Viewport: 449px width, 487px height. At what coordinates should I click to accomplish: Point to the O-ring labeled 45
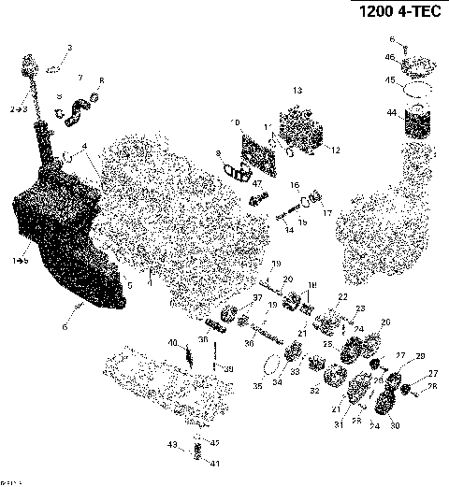pyautogui.click(x=416, y=91)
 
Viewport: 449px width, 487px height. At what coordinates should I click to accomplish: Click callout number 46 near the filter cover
pyautogui.click(x=390, y=57)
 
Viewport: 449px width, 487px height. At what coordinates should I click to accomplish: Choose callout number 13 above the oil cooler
pyautogui.click(x=297, y=91)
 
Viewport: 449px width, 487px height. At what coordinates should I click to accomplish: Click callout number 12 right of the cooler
pyautogui.click(x=334, y=150)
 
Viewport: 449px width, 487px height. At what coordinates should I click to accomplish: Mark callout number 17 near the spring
pyautogui.click(x=326, y=213)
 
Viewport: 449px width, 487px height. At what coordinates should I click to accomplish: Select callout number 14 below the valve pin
pyautogui.click(x=288, y=229)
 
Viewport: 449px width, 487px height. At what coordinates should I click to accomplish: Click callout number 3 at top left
pyautogui.click(x=68, y=47)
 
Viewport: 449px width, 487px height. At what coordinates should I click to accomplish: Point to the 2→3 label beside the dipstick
pyautogui.click(x=18, y=109)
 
